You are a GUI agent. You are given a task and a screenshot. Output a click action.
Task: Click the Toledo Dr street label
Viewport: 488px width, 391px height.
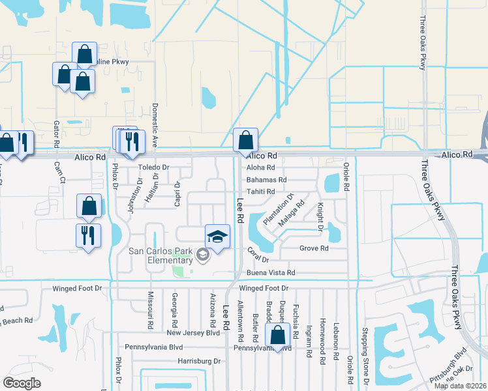[153, 167]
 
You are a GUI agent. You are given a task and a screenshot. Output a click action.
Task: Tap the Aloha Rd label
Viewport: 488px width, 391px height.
[261, 167]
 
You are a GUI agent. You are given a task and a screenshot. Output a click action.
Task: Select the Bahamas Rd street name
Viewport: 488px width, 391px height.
[266, 179]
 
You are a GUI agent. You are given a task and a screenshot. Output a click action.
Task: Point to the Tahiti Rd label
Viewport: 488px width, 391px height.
[261, 191]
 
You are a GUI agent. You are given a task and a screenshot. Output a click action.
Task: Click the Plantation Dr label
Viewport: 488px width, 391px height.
[279, 209]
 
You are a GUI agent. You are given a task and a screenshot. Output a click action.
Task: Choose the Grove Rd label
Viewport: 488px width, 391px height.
[314, 248]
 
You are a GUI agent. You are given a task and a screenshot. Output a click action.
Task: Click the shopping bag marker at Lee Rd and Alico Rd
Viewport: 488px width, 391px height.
[246, 141]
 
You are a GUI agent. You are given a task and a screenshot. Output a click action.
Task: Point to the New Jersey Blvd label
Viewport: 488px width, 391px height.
[193, 332]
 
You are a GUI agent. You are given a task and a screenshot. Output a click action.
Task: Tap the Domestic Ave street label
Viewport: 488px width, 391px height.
[155, 124]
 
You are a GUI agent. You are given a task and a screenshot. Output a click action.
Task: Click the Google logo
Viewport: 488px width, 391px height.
[22, 383]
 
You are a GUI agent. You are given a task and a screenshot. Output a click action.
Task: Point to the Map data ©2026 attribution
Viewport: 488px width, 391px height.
[461, 386]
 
